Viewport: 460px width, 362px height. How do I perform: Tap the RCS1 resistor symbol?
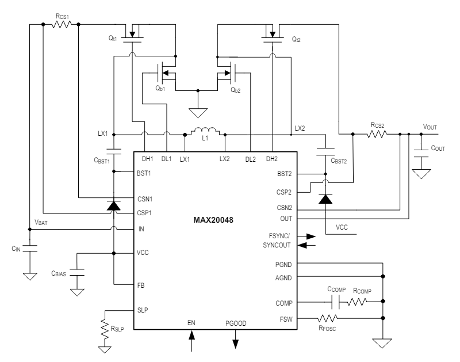[61, 24]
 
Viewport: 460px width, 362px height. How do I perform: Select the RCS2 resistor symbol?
[377, 134]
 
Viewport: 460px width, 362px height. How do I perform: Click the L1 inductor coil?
[204, 131]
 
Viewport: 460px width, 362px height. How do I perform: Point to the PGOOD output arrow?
[236, 341]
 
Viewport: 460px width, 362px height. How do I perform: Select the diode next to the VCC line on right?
[325, 199]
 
